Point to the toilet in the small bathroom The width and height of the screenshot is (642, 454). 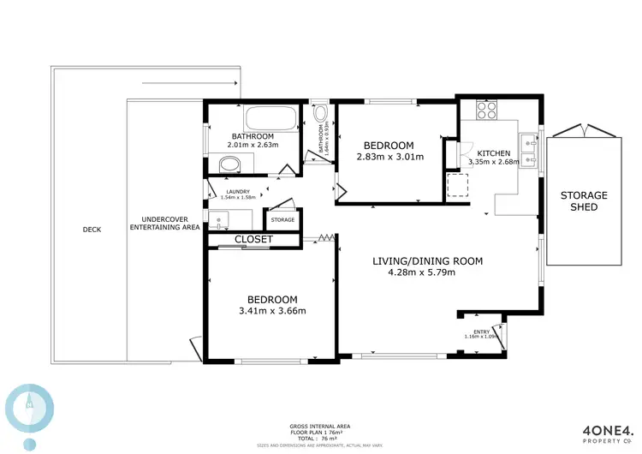pyautogui.click(x=320, y=115)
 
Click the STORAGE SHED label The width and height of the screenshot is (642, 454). pyautogui.click(x=584, y=201)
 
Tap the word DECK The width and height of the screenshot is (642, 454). pyautogui.click(x=92, y=230)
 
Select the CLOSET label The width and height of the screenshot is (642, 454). pyautogui.click(x=253, y=240)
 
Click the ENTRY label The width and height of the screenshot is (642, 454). pyautogui.click(x=482, y=332)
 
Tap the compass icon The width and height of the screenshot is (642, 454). pyautogui.click(x=29, y=407)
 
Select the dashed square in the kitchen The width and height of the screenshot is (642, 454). pyautogui.click(x=458, y=185)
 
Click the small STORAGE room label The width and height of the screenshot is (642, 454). pyautogui.click(x=282, y=220)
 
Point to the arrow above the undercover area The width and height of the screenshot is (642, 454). pyautogui.click(x=189, y=83)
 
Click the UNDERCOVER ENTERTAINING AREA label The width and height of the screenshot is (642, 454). pyautogui.click(x=164, y=223)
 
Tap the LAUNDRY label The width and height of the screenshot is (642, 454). pyautogui.click(x=237, y=192)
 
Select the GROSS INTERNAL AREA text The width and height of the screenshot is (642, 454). pyautogui.click(x=320, y=427)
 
